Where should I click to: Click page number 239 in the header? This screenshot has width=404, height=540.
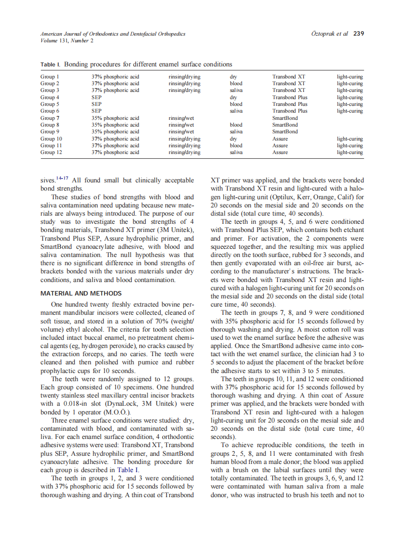coord(358,34)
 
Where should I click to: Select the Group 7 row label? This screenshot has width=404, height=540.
coord(50,118)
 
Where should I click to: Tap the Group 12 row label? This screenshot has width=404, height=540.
coord(51,153)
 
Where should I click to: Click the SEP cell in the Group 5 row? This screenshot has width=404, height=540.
coord(96,104)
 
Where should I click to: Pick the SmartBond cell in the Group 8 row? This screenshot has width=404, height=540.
coord(285,125)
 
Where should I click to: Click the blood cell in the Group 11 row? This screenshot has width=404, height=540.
coord(236,145)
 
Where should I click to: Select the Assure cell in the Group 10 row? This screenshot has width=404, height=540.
coord(280,139)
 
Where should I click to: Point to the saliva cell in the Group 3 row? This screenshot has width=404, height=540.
coord(236,90)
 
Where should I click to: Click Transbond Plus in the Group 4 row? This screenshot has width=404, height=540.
coord(290,97)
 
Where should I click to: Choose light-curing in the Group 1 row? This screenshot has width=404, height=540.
coord(350,77)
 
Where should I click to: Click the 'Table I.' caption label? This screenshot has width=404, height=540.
coord(51,64)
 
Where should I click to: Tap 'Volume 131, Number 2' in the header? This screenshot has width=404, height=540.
coord(67,40)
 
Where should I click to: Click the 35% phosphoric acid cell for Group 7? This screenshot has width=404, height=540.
coord(115,118)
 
